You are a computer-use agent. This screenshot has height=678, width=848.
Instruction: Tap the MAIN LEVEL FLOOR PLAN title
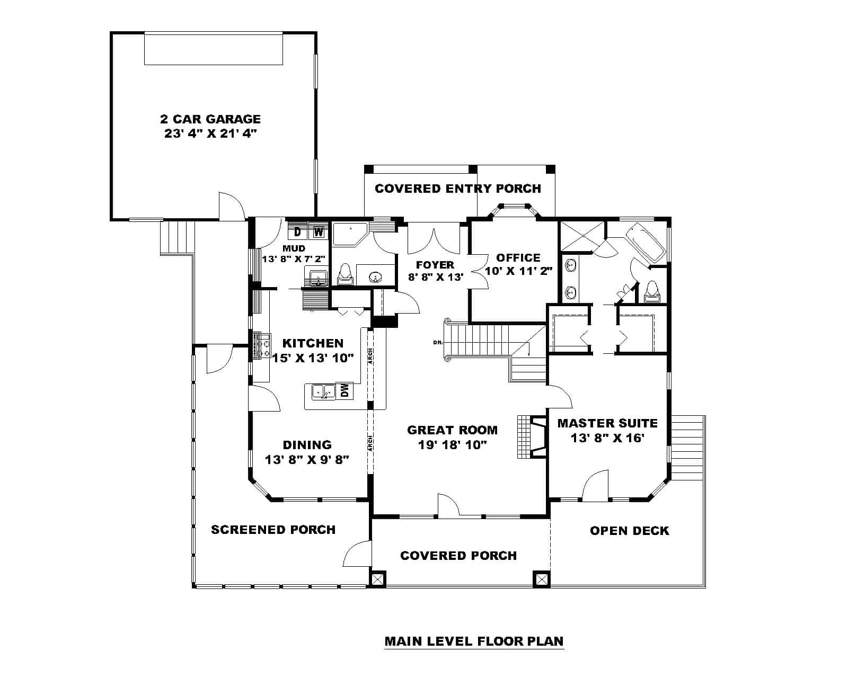[x=474, y=641]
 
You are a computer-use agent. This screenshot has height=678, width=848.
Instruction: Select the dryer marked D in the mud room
[x=297, y=231]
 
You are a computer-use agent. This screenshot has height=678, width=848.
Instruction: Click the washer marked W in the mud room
[x=318, y=231]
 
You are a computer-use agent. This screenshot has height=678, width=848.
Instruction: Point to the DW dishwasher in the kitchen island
[x=344, y=391]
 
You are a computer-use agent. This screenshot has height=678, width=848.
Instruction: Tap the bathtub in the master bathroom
[x=644, y=242]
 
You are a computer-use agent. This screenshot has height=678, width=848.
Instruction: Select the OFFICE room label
[x=518, y=258]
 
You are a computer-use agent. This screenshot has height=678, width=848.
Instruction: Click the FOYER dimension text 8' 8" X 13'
[x=435, y=276]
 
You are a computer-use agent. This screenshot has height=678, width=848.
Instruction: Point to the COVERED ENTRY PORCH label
[x=457, y=189]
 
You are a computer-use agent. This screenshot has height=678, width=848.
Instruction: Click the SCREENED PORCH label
[x=273, y=530]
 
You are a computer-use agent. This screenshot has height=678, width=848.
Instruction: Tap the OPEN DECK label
[x=629, y=531]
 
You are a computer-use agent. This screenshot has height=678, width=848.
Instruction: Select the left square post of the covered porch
[x=377, y=579]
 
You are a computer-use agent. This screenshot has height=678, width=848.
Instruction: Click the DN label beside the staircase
[x=438, y=343]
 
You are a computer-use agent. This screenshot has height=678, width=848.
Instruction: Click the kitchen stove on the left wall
[x=262, y=345]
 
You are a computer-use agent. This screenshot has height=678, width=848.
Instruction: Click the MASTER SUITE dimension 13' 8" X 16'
[x=607, y=438]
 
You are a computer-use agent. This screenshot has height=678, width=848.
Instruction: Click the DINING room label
[x=307, y=445]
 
